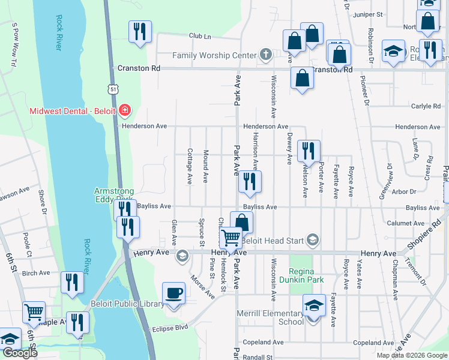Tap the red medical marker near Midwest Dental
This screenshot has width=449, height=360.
[x=125, y=110]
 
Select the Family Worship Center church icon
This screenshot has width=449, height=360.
[x=266, y=55]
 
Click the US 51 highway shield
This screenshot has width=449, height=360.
[x=114, y=89]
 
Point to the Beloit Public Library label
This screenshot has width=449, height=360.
[x=127, y=304]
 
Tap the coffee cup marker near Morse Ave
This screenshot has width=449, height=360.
[x=174, y=293]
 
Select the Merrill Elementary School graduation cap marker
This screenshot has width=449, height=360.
[x=314, y=306]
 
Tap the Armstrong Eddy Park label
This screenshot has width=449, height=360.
[x=114, y=194]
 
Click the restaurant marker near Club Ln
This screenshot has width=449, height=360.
[x=140, y=31]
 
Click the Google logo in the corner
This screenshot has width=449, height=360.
[x=19, y=353]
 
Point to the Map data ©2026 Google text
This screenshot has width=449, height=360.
[x=411, y=355]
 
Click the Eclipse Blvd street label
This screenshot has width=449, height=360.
[x=170, y=328]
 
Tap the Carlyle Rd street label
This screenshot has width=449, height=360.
[x=426, y=106]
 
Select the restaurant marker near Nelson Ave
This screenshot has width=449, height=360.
[x=309, y=151]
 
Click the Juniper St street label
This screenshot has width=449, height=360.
[x=369, y=14]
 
